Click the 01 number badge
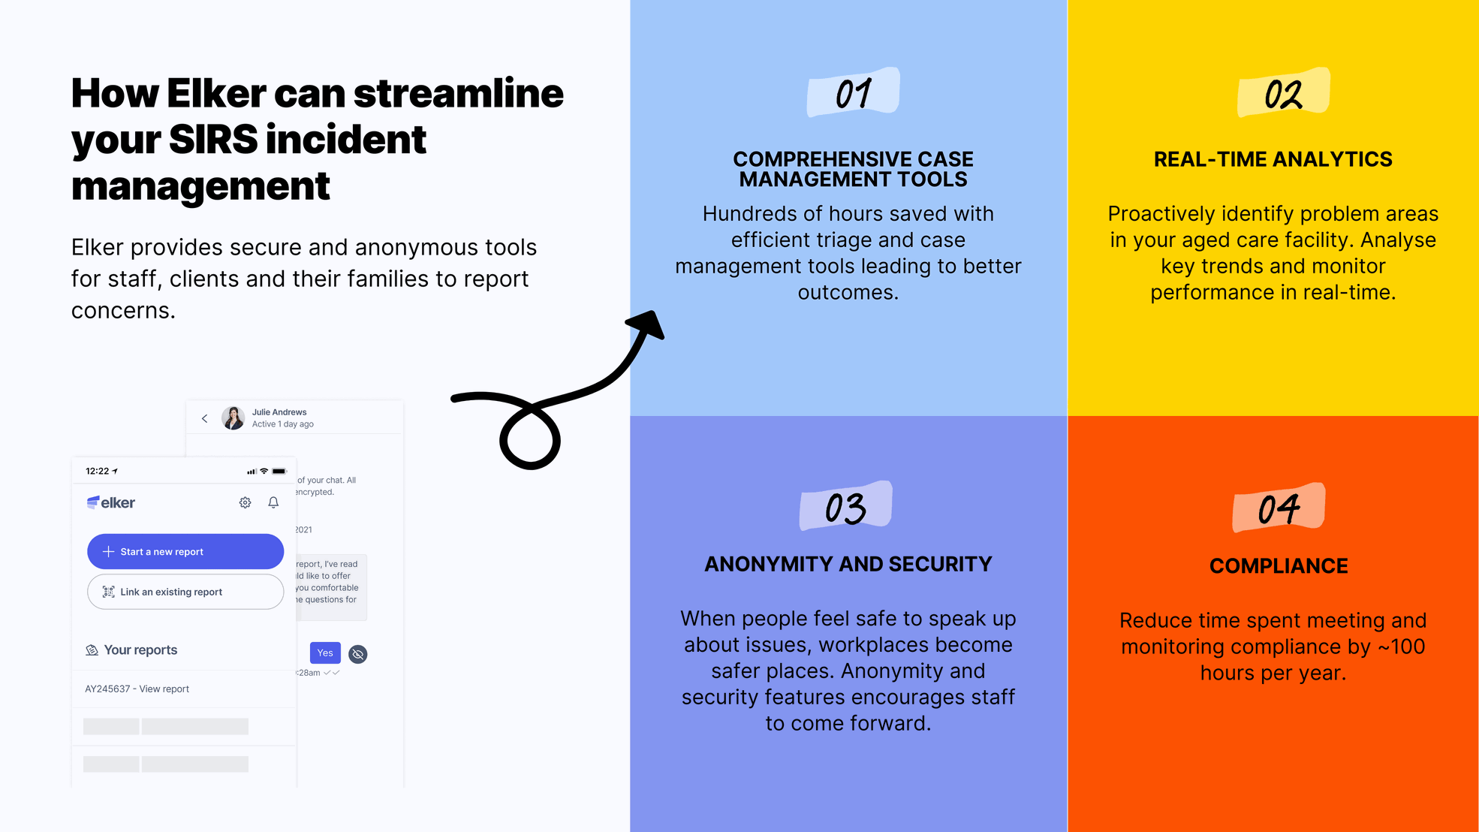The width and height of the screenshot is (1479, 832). point(853,93)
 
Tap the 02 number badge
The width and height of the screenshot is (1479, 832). point(1283,93)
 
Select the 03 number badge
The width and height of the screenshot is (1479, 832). point(845,507)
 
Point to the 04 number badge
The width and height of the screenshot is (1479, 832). point(1278,508)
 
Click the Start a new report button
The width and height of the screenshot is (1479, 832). point(185,551)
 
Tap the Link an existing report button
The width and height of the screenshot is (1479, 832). point(185,592)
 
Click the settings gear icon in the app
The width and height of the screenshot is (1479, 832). point(245,502)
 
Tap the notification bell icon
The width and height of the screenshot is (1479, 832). point(273,502)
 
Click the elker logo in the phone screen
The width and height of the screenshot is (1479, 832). point(111,502)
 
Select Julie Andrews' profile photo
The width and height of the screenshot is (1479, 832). point(233,418)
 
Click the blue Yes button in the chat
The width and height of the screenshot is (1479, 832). point(325,653)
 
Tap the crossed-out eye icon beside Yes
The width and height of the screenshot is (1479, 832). point(358,654)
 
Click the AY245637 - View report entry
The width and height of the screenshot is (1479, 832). point(137,689)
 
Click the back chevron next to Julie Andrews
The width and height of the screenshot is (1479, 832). point(204,418)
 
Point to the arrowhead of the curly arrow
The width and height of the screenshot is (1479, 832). point(648,324)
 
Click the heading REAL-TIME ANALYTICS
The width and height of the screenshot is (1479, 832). point(1273,159)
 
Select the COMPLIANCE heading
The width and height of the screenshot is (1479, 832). point(1279,565)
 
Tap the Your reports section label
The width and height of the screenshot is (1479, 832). point(140,650)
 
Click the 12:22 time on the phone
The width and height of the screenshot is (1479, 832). point(98,471)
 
